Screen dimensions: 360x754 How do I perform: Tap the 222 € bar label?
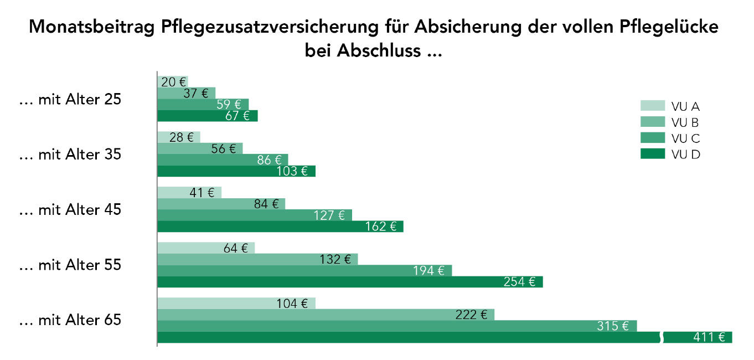pos(472,315)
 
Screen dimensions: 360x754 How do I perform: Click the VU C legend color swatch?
pos(653,138)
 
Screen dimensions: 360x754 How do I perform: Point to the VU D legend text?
pos(685,155)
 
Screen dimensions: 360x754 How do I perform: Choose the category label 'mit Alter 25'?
pos(70,100)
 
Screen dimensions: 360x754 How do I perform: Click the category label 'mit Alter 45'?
pos(70,210)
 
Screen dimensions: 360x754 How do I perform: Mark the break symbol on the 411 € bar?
pos(661,337)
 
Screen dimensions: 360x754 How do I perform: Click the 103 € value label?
pos(292,171)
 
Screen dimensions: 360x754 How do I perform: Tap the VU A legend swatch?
pos(653,106)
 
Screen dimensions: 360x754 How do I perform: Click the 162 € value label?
pos(381,227)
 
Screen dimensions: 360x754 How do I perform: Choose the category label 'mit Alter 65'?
pos(70,320)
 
